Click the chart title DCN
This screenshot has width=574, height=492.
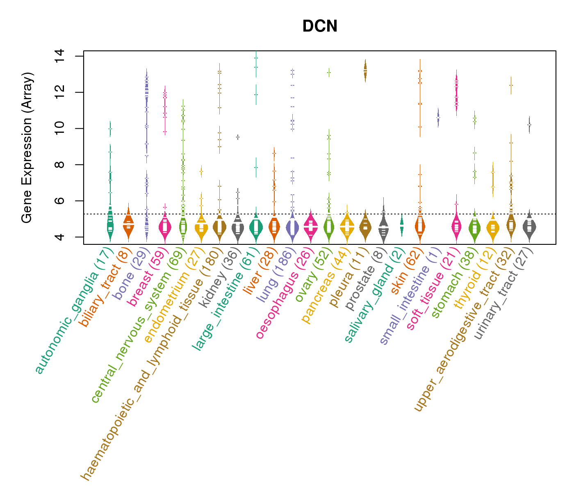320,27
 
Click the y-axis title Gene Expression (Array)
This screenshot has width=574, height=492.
27,148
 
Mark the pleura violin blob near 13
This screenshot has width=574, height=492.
365,71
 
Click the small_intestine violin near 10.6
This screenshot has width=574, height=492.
438,118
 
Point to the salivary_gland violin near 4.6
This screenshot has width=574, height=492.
401,225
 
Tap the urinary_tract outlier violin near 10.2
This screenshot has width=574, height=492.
529,124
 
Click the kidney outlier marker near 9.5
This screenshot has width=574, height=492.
237,137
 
